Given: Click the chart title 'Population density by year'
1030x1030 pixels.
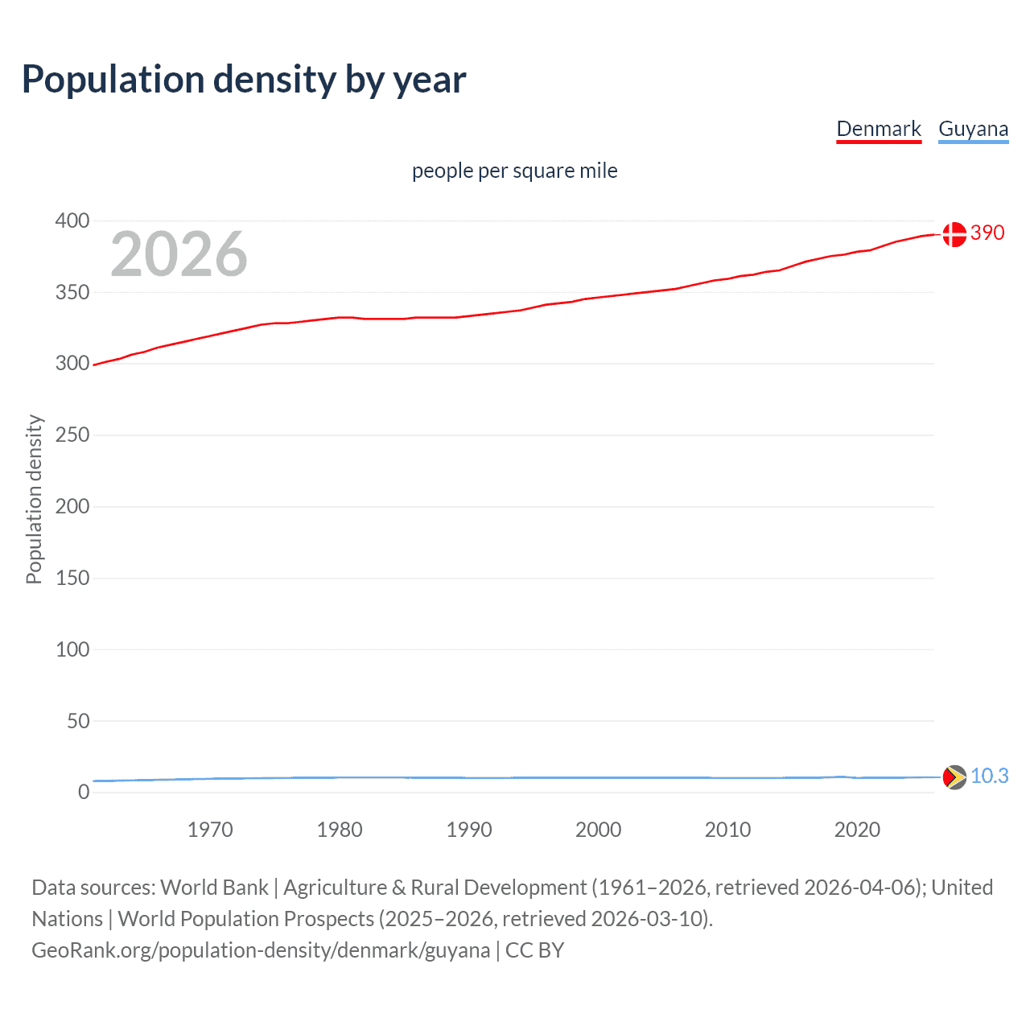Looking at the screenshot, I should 244,80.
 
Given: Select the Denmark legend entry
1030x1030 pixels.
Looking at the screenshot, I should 878,130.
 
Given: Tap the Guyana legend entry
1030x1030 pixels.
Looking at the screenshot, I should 973,130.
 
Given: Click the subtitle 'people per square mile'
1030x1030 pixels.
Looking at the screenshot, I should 514,171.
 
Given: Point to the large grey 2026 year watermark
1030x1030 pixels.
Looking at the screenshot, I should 179,254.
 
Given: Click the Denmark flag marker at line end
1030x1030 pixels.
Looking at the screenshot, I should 954,234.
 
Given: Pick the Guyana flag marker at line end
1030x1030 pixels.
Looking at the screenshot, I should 954,777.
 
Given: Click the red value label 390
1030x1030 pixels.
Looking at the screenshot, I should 987,233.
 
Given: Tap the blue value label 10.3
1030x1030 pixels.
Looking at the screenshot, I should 989,776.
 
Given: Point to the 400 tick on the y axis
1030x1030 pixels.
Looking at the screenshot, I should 72,220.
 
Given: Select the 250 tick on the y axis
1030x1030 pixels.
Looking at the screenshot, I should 72,435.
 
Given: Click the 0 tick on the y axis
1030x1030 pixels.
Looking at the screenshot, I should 83,793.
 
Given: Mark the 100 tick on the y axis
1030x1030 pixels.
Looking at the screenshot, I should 72,649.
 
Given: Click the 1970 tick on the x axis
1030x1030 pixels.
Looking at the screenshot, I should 210,830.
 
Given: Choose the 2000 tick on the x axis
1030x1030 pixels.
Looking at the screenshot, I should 598,830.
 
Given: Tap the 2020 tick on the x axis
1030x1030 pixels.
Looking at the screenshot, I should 857,830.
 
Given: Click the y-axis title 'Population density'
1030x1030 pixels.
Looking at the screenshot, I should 34,499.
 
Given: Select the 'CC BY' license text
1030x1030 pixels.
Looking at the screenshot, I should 534,950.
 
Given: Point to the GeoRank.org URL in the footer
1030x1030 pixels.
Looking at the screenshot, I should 261,950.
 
